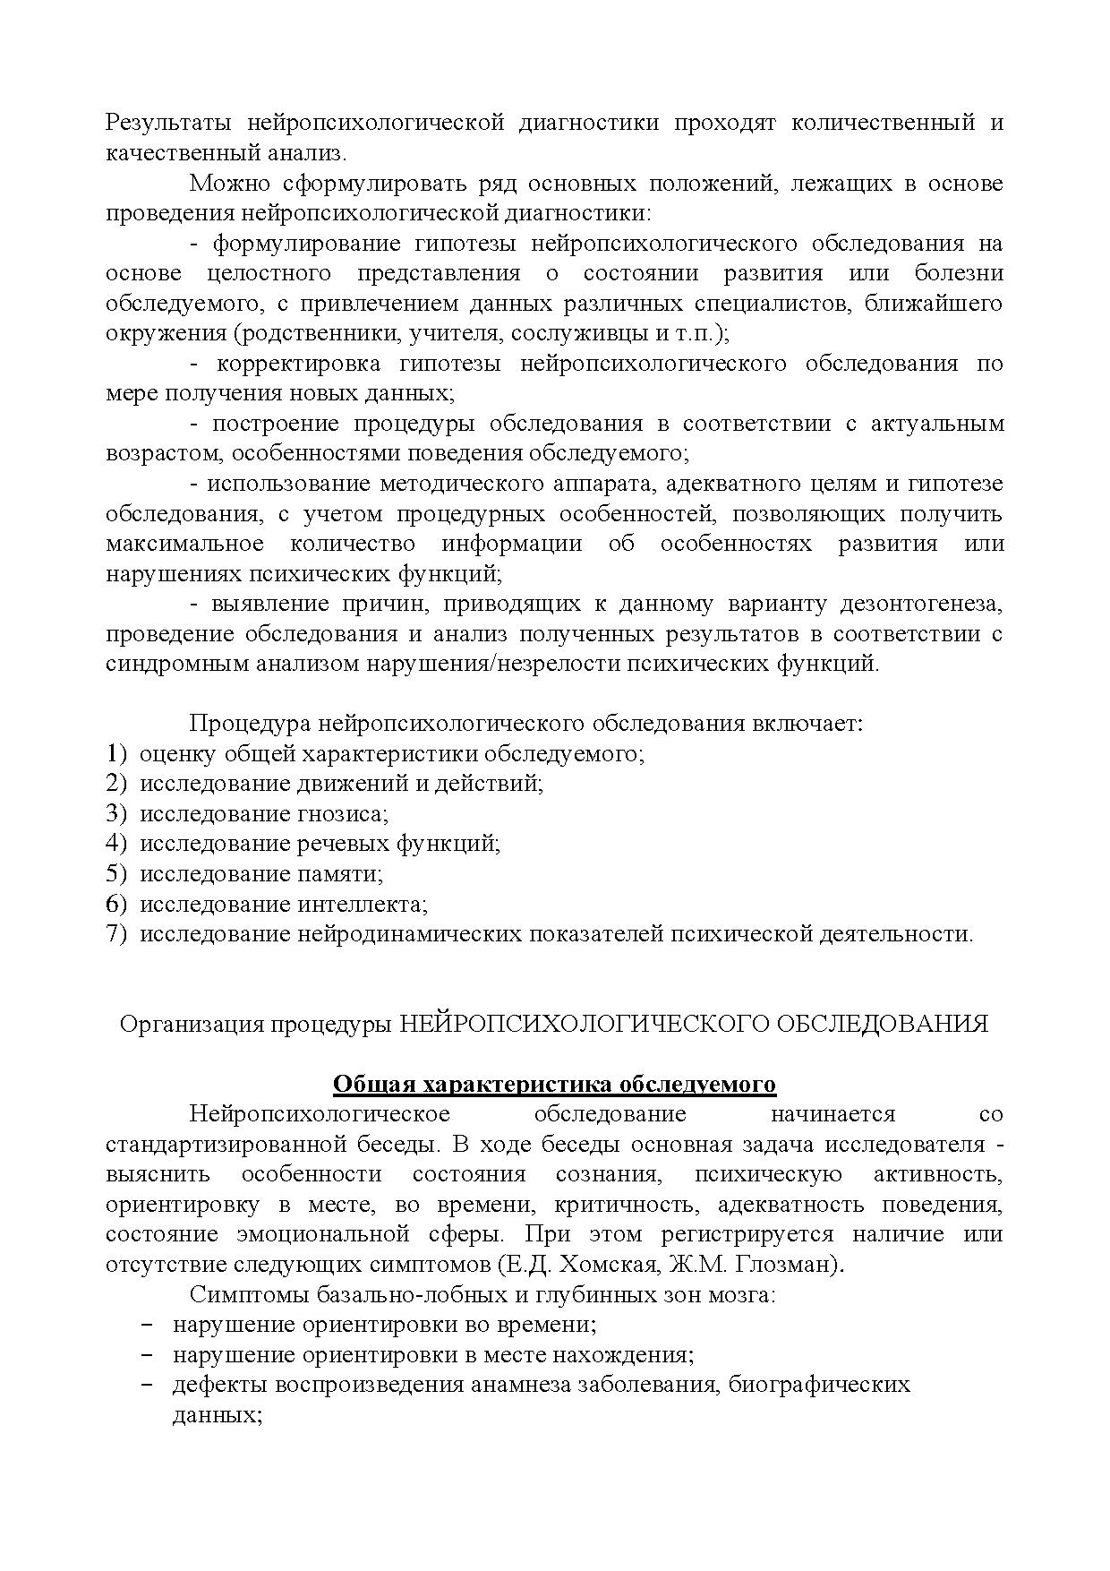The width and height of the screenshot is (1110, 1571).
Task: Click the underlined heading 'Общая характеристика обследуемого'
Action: tap(554, 1085)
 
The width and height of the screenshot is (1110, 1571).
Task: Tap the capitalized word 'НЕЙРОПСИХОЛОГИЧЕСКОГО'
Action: tap(582, 1025)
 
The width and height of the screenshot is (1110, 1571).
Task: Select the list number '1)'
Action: tap(117, 753)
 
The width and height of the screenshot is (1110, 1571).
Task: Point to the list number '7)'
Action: tap(117, 934)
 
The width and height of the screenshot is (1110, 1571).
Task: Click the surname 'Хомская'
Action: tap(631, 1266)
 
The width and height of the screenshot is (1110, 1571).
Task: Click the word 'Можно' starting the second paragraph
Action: tap(223, 184)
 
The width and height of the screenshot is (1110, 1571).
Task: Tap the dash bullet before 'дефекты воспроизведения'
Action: tap(148, 1386)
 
